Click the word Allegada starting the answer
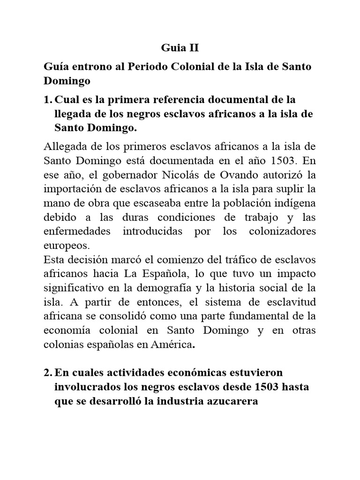(x=65, y=148)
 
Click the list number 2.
(x=48, y=373)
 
